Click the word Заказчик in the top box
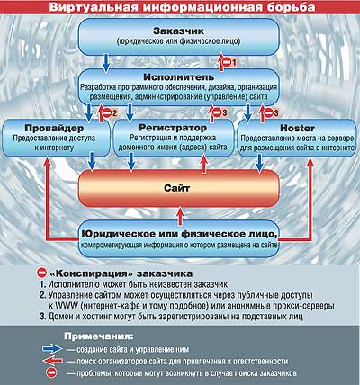coord(178,31)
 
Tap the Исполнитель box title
coord(179,77)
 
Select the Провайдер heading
coord(54,129)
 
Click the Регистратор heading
coord(173,128)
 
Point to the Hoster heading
coord(297,129)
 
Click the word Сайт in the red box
coord(177,188)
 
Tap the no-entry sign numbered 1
coord(227,62)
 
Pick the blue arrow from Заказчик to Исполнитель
coord(106,63)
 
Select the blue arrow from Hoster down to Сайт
coord(259,164)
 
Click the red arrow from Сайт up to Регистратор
coord(204,163)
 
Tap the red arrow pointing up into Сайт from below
coord(180,216)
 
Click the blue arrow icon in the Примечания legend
coord(53,349)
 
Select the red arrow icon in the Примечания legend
coord(53,361)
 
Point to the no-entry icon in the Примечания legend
coord(51,373)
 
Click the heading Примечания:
coord(99,336)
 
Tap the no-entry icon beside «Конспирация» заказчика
coord(41,273)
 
